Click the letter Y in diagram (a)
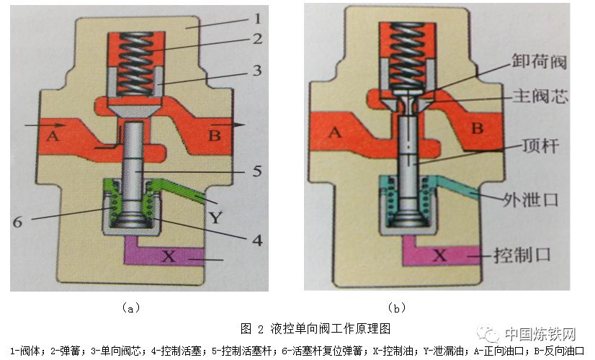(x=214, y=215)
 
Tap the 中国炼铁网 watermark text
(x=540, y=335)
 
